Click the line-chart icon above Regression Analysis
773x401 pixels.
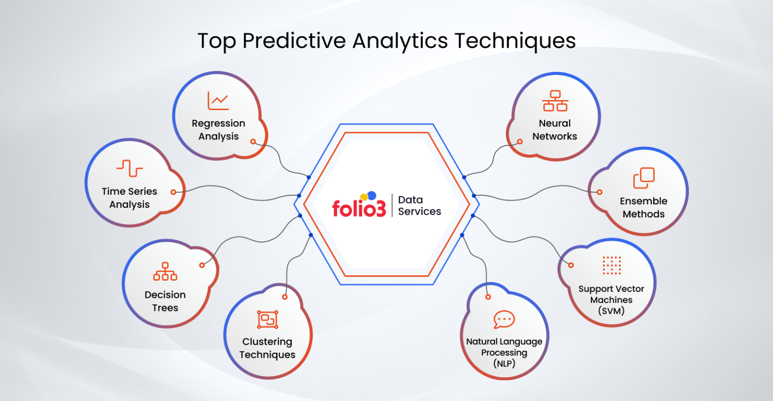pos(218,101)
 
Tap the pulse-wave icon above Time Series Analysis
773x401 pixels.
pos(129,168)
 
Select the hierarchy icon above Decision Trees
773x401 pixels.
pos(165,272)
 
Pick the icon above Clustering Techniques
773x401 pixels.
pos(268,319)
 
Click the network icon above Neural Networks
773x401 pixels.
pos(555,101)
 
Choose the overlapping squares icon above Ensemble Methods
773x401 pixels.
pos(644,178)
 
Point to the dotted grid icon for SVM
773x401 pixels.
pos(611,265)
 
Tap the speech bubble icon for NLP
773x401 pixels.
pos(504,319)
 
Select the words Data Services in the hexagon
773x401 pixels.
pos(419,206)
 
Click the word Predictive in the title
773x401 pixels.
pos(294,41)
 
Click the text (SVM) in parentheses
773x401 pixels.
pos(611,311)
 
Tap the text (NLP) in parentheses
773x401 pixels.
pos(504,363)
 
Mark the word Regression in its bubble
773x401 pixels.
pos(218,123)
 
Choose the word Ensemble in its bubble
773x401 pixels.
pos(644,201)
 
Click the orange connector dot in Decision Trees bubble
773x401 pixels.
pos(202,265)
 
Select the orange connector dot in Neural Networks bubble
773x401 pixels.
pos(520,141)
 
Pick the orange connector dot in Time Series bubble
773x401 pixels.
pos(173,192)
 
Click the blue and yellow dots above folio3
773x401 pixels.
pos(369,196)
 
